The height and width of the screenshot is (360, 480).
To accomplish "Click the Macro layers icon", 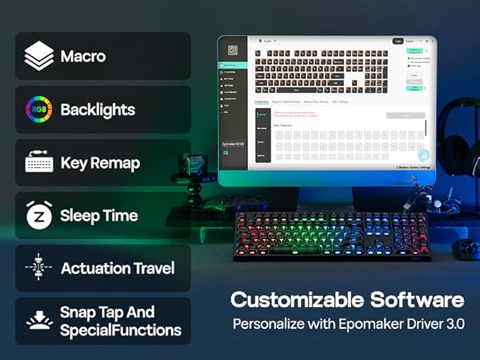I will pos(38,58).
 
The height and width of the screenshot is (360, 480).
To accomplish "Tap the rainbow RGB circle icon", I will pos(38,110).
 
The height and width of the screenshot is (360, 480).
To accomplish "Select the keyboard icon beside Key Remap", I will pos(38,163).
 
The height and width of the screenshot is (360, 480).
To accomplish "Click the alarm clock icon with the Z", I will pos(38,215).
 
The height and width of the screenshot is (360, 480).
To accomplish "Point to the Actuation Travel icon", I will pos(38,268).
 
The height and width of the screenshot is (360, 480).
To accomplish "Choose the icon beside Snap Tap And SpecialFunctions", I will pos(38,321).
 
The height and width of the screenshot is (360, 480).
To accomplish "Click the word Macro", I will pos(82,58).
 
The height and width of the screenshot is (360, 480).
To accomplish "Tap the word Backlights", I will pos(98,110).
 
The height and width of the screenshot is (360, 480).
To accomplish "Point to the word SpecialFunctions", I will pos(120,330).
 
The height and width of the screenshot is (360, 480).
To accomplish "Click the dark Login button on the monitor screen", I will pos(397,40).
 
